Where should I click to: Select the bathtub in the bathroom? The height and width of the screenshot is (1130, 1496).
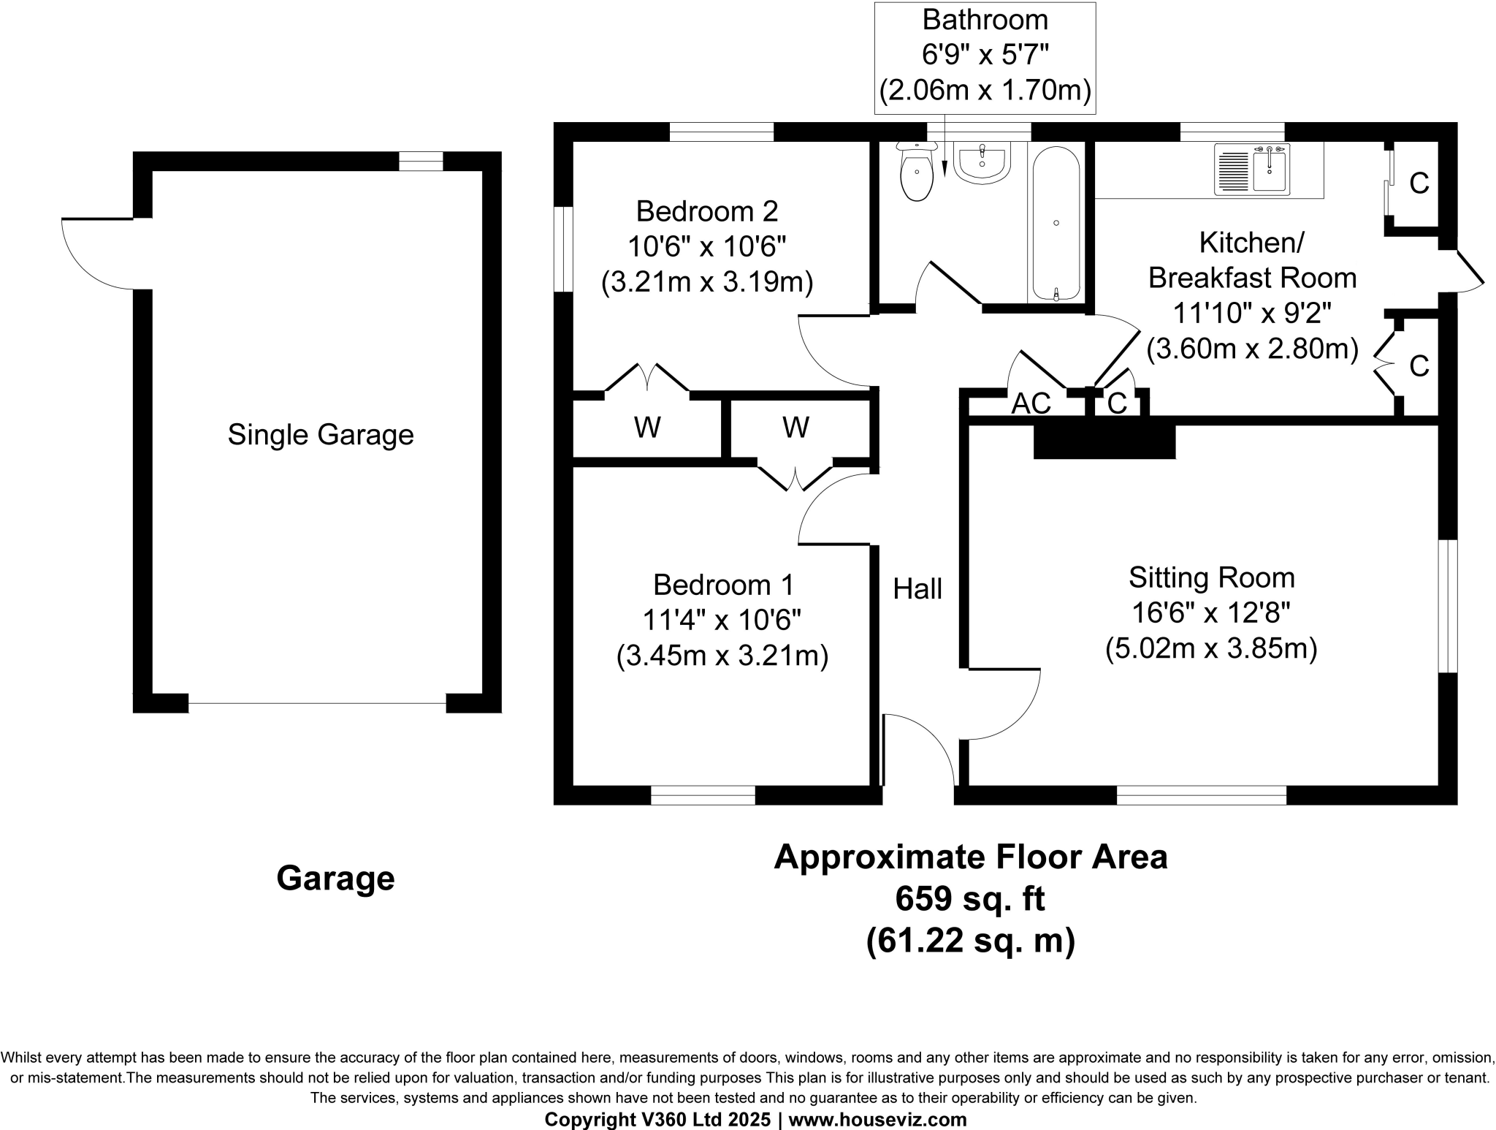[x=1056, y=223]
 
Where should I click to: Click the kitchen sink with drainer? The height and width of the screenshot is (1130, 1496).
[x=1252, y=170]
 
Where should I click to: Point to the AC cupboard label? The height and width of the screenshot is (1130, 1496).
[x=1031, y=403]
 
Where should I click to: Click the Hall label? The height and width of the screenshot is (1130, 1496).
[x=917, y=589]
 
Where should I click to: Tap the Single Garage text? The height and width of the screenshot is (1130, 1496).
[x=321, y=435]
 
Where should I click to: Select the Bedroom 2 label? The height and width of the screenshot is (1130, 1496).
[x=707, y=211]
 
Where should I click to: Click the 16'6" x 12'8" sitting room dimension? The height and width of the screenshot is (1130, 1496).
[x=1211, y=613]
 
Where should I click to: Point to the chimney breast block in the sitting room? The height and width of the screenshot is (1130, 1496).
[x=1104, y=441]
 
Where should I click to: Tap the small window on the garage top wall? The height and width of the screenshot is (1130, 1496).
[x=421, y=161]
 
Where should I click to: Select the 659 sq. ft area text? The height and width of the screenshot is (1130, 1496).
[x=970, y=899]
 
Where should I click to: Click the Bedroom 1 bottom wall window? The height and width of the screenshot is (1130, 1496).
[x=703, y=795]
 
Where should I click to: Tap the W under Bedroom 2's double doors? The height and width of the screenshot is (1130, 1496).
[x=647, y=428]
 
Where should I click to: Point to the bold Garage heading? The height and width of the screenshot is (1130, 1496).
[x=335, y=878]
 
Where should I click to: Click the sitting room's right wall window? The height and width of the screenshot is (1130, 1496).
[x=1448, y=606]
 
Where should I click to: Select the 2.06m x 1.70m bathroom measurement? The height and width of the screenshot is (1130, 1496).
[x=985, y=91]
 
